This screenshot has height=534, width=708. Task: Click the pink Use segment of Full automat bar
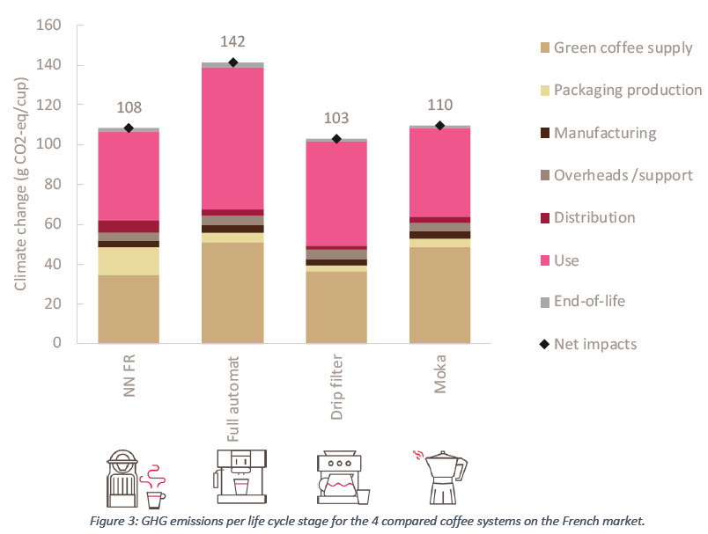click(232, 138)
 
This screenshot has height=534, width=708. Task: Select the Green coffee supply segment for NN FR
click(129, 309)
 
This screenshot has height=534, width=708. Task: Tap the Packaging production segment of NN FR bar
click(129, 261)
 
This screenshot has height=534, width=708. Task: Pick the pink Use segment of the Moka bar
click(439, 172)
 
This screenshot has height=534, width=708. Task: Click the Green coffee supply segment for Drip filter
click(336, 307)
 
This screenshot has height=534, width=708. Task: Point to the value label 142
click(232, 41)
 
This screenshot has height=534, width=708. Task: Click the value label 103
click(336, 118)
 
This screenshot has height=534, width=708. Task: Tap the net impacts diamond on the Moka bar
click(439, 126)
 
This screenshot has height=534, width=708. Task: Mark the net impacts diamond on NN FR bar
click(129, 128)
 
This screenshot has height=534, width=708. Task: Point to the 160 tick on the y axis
click(48, 26)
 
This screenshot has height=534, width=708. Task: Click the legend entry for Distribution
click(594, 217)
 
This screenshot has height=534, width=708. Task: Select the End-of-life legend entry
click(589, 301)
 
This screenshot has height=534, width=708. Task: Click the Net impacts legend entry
click(594, 343)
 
